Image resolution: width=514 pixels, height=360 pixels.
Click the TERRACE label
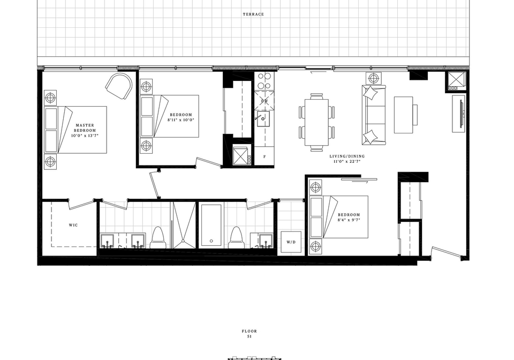pyautogui.click(x=253, y=14)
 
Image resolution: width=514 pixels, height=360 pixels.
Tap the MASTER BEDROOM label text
pyautogui.click(x=85, y=127)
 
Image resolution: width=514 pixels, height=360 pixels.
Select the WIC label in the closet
pyautogui.click(x=73, y=225)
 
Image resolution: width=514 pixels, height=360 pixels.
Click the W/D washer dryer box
pyautogui.click(x=291, y=242)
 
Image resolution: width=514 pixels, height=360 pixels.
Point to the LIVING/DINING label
pyautogui.click(x=347, y=156)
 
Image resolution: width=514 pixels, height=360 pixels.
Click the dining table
pyautogui.click(x=316, y=122)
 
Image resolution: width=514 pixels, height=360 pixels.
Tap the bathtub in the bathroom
pyautogui.click(x=211, y=226)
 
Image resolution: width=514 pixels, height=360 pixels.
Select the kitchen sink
pyautogui.click(x=263, y=118)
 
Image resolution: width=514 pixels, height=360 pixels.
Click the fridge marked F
pyautogui.click(x=264, y=157)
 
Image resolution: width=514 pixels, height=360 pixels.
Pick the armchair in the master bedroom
pyautogui.click(x=119, y=86)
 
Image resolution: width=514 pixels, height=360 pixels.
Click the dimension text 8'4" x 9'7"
pyautogui.click(x=349, y=220)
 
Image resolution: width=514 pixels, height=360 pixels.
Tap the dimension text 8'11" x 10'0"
pyautogui.click(x=180, y=120)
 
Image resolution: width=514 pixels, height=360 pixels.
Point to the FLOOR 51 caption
pyautogui.click(x=250, y=333)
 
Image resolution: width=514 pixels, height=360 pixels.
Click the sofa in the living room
pyautogui.click(x=374, y=115)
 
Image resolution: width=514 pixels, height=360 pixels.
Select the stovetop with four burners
pyautogui.click(x=264, y=81)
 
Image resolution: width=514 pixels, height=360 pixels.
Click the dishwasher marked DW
pyautogui.click(x=264, y=100)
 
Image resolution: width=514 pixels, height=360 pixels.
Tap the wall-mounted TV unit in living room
pyautogui.click(x=459, y=114)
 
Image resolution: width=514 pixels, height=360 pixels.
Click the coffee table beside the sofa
pyautogui.click(x=403, y=115)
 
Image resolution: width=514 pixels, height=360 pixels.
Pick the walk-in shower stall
pyautogui.click(x=184, y=225)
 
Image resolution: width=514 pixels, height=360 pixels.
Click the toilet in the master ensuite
pyautogui.click(x=159, y=238)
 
